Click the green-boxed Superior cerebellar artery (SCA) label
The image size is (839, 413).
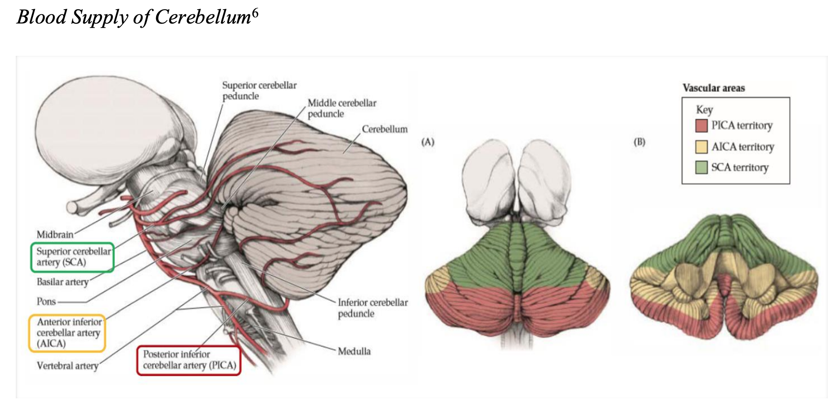click(x=72, y=257)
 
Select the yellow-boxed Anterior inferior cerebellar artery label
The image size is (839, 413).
click(x=67, y=333)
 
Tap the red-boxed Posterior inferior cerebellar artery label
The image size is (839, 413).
click(x=189, y=360)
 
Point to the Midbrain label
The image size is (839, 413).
click(x=55, y=234)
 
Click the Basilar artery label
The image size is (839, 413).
click(x=62, y=282)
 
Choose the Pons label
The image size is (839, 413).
click(x=46, y=301)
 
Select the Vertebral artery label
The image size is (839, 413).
click(x=67, y=366)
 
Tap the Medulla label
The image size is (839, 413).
click(x=354, y=351)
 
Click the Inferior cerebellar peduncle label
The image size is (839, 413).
click(x=373, y=308)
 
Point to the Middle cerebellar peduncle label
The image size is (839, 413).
click(x=342, y=108)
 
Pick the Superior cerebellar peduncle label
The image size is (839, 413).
click(x=259, y=91)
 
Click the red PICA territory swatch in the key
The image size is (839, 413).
click(x=701, y=126)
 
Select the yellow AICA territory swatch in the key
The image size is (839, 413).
click(x=701, y=147)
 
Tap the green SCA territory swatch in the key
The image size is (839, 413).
click(x=701, y=168)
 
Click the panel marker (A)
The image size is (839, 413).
click(x=428, y=142)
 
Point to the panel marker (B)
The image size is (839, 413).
click(x=639, y=142)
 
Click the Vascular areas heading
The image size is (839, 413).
click(x=714, y=88)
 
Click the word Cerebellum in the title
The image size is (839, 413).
click(x=203, y=17)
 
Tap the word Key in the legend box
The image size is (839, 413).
click(x=704, y=110)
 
